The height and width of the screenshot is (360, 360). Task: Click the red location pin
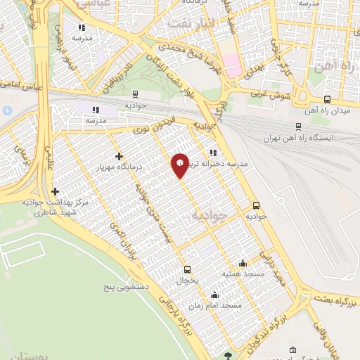[x=181, y=165]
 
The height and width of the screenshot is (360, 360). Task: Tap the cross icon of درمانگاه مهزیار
[x=118, y=155]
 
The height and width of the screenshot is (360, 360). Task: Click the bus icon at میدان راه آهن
[x=326, y=100]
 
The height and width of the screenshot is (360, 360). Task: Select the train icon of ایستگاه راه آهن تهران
[x=298, y=127]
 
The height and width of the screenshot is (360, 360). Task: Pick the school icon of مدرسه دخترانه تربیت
[x=212, y=153]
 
